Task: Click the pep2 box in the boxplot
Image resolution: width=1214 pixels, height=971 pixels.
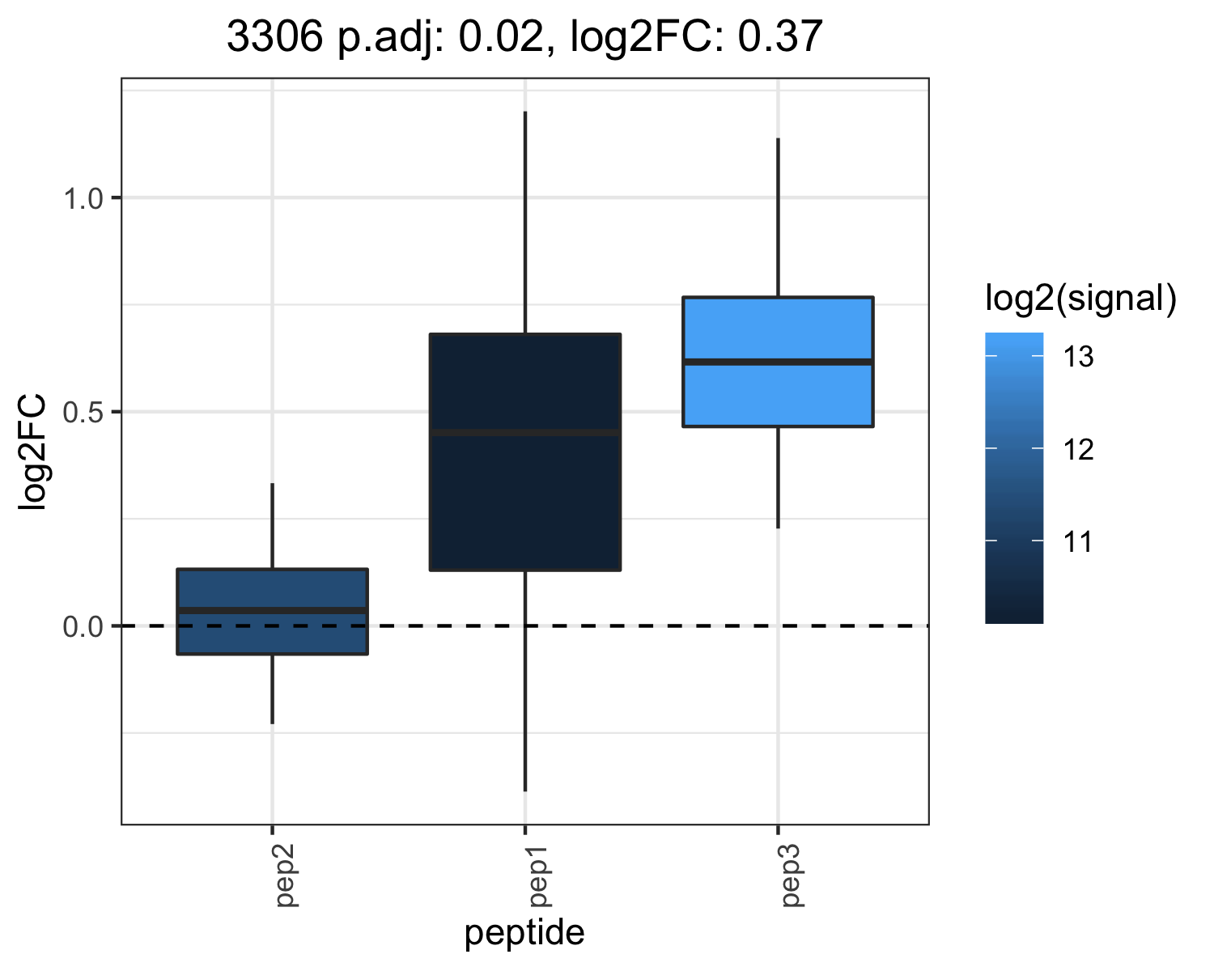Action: (273, 612)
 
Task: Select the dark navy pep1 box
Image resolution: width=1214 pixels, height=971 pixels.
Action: (525, 452)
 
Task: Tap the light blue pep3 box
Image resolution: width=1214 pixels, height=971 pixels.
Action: (778, 362)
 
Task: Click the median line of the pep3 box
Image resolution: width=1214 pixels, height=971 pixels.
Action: (778, 362)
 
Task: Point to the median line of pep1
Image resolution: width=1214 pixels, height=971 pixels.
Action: (525, 433)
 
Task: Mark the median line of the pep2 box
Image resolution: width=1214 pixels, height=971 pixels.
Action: (273, 610)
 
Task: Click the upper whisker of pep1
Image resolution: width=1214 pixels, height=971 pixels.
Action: (525, 223)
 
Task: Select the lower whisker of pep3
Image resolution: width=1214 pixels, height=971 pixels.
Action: (778, 477)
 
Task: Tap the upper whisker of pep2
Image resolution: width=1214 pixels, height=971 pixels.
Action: (273, 526)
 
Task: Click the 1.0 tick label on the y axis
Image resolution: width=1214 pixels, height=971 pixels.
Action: (83, 199)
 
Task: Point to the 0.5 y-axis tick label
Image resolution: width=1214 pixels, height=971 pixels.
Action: (83, 413)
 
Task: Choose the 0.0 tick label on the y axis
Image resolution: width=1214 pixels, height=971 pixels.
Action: (83, 627)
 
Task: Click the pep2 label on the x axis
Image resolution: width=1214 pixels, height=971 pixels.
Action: (287, 876)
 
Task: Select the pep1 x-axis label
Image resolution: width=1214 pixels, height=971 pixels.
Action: (539, 876)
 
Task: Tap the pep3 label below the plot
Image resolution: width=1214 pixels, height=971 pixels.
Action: (792, 876)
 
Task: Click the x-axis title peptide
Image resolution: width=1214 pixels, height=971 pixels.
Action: (524, 933)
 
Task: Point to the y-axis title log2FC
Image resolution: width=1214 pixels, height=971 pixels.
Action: (32, 452)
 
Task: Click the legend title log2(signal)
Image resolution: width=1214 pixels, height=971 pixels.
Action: (1081, 298)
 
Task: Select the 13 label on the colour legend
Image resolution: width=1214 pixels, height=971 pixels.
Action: (1079, 357)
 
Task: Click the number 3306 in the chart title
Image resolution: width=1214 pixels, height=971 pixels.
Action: (274, 36)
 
